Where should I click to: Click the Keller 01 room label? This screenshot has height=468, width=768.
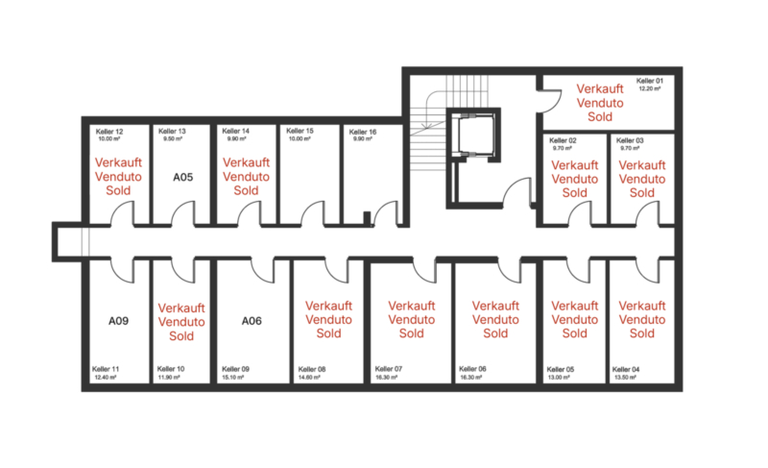coord(650,81)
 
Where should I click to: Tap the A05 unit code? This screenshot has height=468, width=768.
coord(183,178)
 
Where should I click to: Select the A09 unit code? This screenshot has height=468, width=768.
coord(118,321)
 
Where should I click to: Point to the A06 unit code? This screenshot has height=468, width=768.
coord(252,321)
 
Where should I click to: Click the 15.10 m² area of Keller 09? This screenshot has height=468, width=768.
coord(232,378)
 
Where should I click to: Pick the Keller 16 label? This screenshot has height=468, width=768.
coord(363,132)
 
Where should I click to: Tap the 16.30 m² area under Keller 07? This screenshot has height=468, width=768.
coord(386,378)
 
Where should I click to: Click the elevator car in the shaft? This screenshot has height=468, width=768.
coord(473,135)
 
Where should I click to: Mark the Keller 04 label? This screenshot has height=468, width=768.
coord(626,369)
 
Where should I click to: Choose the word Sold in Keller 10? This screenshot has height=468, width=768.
coord(181,336)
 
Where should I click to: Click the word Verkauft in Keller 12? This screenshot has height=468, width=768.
coord(118,162)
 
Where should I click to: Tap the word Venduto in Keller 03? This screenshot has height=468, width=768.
coord(641,179)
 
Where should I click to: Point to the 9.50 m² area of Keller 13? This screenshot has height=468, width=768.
coord(173,139)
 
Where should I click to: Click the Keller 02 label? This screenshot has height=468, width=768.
coord(563,140)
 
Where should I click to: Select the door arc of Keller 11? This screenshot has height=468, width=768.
coord(121,275)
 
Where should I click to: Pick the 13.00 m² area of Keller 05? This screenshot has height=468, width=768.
coord(559,378)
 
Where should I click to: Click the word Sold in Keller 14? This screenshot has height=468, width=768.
coord(246,190)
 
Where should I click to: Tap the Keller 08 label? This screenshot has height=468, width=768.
coord(311,369)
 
